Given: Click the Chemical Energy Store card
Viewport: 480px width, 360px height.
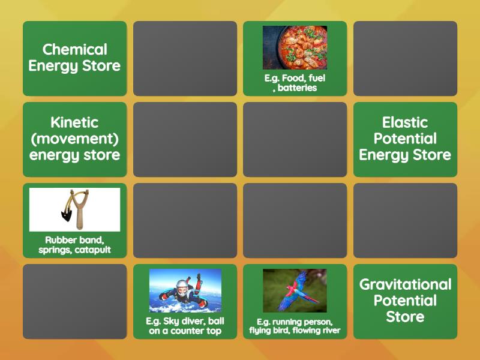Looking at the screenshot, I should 74,58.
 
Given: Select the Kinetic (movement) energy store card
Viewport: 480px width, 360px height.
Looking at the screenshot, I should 74,139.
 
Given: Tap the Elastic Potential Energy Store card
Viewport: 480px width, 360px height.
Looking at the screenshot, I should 405,139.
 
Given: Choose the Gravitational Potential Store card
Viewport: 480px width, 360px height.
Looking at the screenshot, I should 405,301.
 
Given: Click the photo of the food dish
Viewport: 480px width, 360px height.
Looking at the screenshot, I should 295,47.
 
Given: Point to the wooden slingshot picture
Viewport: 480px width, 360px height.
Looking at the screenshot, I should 74,209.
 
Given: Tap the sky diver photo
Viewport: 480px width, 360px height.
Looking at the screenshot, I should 185,290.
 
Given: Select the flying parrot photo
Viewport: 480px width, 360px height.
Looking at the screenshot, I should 295,290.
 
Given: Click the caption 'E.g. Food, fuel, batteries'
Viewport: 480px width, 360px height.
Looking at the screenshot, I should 295,83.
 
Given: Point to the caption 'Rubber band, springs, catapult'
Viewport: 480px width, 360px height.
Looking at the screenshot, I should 74,245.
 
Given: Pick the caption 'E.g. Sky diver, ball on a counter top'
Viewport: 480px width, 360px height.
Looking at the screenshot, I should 185,326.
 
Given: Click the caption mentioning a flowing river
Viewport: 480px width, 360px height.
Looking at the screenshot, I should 295,326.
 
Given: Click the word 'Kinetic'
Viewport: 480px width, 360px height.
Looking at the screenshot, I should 74,122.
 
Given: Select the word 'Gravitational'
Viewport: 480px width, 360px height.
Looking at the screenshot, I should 405,284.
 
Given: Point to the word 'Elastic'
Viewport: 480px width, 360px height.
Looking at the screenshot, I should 405,122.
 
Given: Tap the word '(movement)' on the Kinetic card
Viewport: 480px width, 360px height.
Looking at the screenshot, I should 74,139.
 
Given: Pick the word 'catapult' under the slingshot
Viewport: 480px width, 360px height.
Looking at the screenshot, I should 93,250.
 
